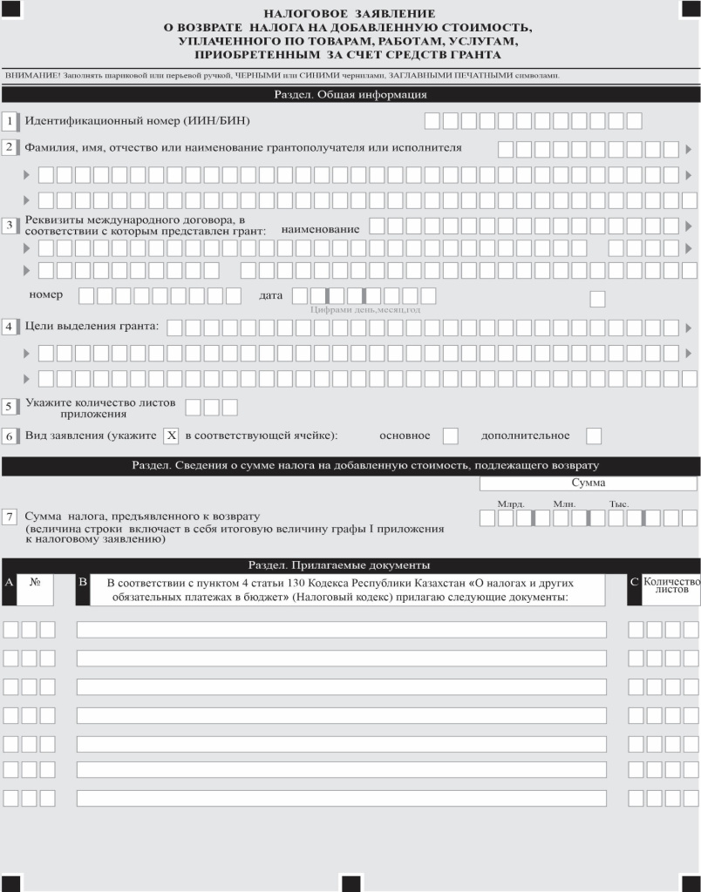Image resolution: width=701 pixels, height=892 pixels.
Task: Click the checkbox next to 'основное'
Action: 451,436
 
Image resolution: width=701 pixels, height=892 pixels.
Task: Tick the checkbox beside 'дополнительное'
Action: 594,436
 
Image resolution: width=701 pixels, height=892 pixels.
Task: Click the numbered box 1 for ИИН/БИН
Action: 10,120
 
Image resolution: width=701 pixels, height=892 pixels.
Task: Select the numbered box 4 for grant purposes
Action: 10,328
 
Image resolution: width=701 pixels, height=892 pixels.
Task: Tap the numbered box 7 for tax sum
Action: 10,517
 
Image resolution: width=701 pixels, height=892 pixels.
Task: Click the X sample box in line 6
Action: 171,436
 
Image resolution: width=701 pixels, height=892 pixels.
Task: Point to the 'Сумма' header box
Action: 589,483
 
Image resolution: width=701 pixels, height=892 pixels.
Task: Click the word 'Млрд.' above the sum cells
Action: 511,504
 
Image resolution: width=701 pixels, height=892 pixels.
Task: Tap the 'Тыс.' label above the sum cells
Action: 619,504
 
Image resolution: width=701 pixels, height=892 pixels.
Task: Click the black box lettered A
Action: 9,581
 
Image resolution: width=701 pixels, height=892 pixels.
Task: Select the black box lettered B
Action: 83,581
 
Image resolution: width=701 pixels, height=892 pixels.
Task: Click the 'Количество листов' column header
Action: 671,585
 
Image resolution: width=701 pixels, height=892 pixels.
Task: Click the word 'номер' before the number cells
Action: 45,295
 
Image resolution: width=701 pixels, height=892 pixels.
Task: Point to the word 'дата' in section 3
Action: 271,295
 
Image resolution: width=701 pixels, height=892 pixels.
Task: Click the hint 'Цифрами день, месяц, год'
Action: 365,310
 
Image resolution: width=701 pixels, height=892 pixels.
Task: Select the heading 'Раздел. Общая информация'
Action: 350,95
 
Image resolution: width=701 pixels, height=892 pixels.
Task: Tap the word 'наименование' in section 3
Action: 321,229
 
